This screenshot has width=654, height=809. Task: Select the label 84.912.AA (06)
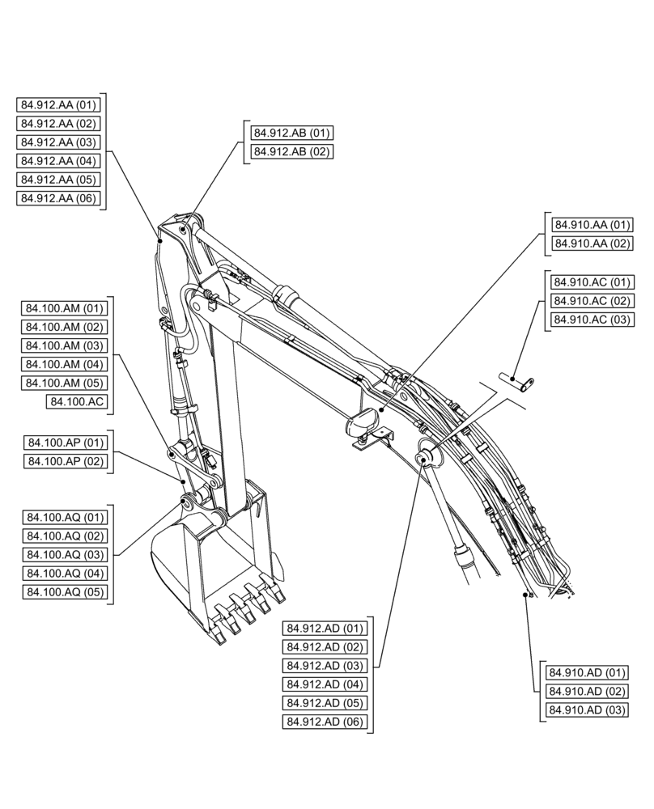pyautogui.click(x=58, y=198)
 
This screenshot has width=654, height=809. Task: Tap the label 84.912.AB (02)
pyautogui.click(x=291, y=151)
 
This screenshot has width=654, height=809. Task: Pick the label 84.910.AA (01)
pyautogui.click(x=592, y=225)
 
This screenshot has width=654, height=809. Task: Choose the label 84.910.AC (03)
pyautogui.click(x=592, y=320)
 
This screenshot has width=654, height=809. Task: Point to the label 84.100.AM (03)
pyautogui.click(x=65, y=345)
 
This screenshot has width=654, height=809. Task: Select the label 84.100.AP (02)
pyautogui.click(x=65, y=461)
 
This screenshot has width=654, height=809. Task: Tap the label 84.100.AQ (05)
pyautogui.click(x=65, y=592)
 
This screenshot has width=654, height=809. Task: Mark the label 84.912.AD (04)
pyautogui.click(x=325, y=684)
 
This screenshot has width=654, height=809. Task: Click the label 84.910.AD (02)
pyautogui.click(x=587, y=692)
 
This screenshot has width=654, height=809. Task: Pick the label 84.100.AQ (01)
pyautogui.click(x=65, y=518)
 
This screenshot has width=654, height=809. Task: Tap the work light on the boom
pyautogui.click(x=362, y=421)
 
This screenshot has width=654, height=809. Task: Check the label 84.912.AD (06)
pyautogui.click(x=325, y=722)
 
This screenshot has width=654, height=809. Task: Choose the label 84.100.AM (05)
pyautogui.click(x=65, y=383)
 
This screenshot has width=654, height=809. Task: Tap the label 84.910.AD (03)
pyautogui.click(x=587, y=710)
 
